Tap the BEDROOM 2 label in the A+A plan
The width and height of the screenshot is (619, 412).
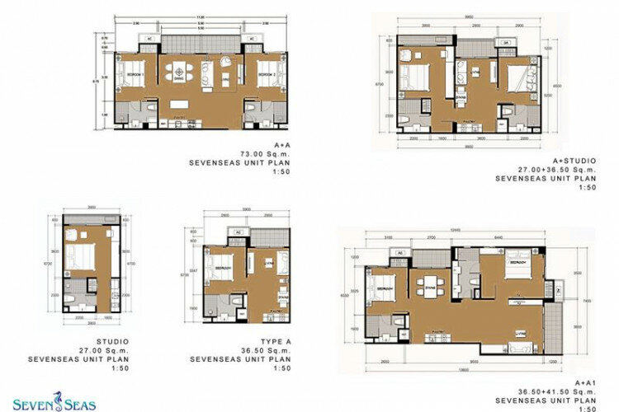[x=266, y=74]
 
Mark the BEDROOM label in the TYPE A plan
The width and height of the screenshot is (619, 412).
[x=222, y=269]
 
